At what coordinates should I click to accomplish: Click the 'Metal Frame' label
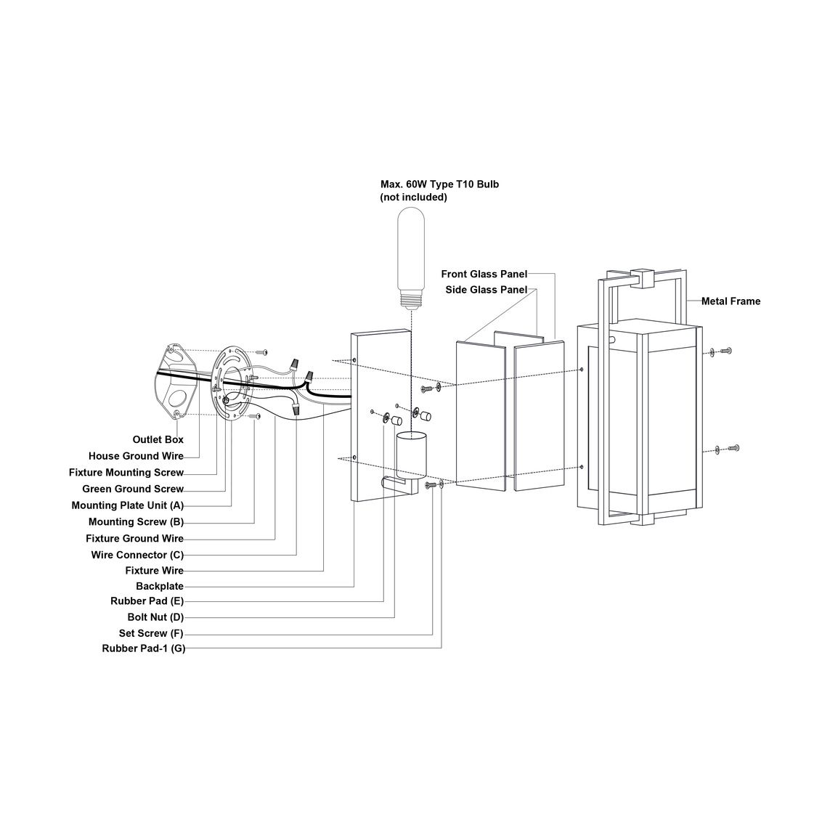pyautogui.click(x=731, y=301)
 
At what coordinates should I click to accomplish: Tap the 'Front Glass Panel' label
pyautogui.click(x=484, y=274)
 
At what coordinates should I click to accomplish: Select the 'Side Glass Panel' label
pyautogui.click(x=486, y=290)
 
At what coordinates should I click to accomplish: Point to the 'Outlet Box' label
pyautogui.click(x=158, y=439)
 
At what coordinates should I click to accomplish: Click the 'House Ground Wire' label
pyautogui.click(x=136, y=456)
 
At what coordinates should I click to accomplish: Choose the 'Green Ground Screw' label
pyautogui.click(x=133, y=489)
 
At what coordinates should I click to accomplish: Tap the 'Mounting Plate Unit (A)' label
pyautogui.click(x=128, y=505)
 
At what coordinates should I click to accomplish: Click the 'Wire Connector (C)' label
pyautogui.click(x=137, y=555)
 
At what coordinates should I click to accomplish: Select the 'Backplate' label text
pyautogui.click(x=160, y=586)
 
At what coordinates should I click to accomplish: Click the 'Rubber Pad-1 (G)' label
pyautogui.click(x=144, y=648)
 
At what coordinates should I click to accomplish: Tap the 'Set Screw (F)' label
pyautogui.click(x=151, y=633)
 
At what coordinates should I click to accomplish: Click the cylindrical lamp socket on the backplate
pyautogui.click(x=410, y=455)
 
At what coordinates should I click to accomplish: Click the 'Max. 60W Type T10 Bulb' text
pyautogui.click(x=439, y=184)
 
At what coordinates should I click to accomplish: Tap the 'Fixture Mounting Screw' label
pyautogui.click(x=126, y=473)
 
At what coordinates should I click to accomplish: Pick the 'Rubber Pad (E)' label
pyautogui.click(x=147, y=601)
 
